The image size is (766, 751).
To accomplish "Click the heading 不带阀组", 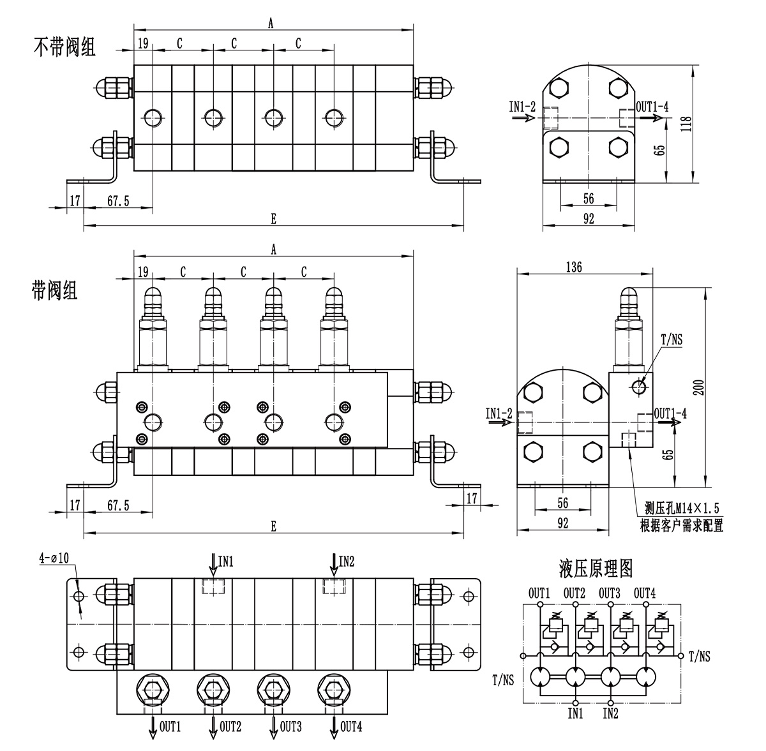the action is [65, 47].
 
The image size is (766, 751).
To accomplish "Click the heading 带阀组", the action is [54, 290].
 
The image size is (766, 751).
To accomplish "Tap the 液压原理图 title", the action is [595, 569].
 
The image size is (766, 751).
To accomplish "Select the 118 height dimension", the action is [686, 124].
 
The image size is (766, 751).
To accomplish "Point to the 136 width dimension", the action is [574, 267].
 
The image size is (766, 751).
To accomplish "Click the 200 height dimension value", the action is [698, 387].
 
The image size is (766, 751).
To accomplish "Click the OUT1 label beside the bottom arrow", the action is [170, 727].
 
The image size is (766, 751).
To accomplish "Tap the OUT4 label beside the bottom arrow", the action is [351, 727].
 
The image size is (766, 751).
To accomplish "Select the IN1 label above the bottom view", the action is [226, 561].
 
